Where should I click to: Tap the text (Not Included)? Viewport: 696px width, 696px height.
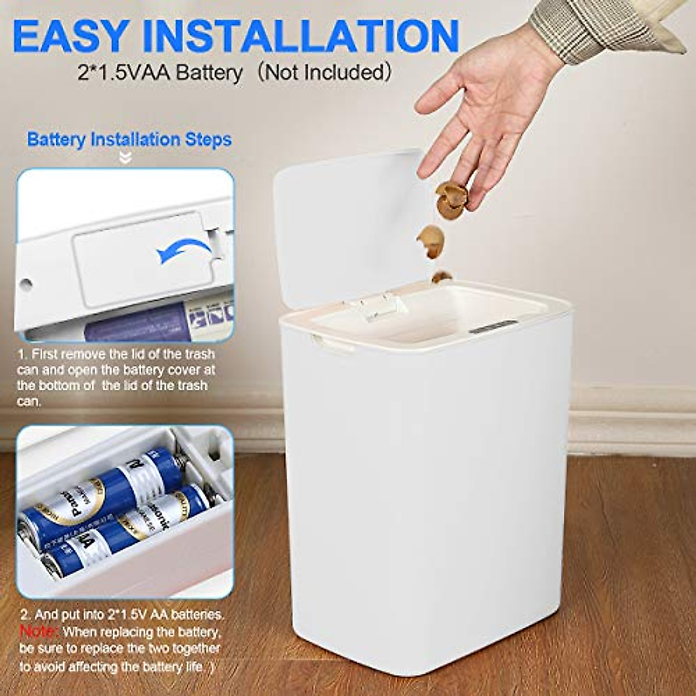coord(322,73)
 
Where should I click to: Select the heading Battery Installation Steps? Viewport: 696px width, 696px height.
coord(129,140)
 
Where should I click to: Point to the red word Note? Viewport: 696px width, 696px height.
coord(39,630)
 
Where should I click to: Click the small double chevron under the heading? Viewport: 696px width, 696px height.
coord(125,158)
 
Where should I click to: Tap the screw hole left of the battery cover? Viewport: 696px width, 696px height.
coord(26,285)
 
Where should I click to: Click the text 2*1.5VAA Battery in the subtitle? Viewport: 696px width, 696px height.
coord(160,73)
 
